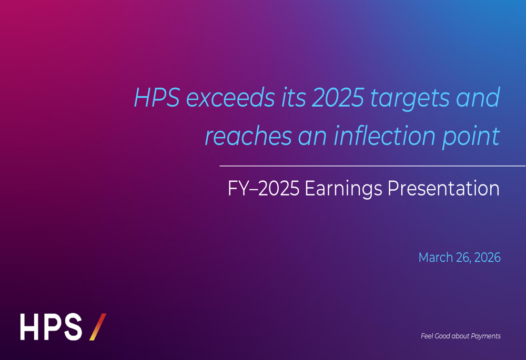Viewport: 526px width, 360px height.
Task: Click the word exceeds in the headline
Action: [x=230, y=98]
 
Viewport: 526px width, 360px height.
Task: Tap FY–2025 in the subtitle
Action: [x=263, y=189]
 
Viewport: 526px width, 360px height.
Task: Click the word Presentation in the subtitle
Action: [x=443, y=189]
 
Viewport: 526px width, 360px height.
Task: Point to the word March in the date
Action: [x=436, y=258]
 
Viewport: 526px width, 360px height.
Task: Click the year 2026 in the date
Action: [x=487, y=258]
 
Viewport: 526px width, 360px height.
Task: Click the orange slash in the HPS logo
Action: [x=98, y=326]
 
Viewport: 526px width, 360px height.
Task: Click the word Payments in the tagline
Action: [x=485, y=336]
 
